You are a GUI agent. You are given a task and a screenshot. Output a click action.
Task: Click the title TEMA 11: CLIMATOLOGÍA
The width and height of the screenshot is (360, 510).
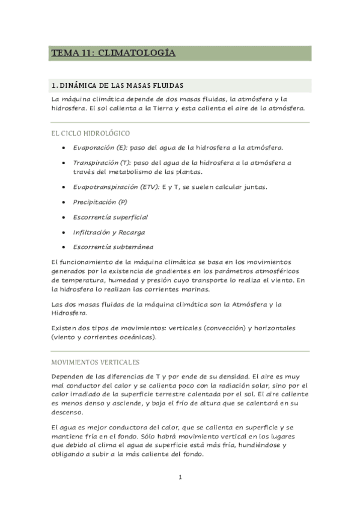coord(113,54)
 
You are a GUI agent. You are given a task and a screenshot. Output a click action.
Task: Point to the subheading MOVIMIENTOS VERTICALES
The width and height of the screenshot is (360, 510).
coord(95,362)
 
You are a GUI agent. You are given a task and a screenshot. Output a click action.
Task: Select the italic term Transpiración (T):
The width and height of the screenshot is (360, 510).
coord(102,162)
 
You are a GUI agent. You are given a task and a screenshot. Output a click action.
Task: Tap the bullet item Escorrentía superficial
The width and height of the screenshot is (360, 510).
coord(110,217)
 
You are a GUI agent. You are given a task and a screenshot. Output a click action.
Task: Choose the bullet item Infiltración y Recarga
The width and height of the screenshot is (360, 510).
coord(109,232)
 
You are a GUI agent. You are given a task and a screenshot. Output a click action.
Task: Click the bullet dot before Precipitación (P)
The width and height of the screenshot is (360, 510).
coord(64,203)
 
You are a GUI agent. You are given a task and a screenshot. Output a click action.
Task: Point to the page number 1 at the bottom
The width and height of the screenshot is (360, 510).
coord(180,478)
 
